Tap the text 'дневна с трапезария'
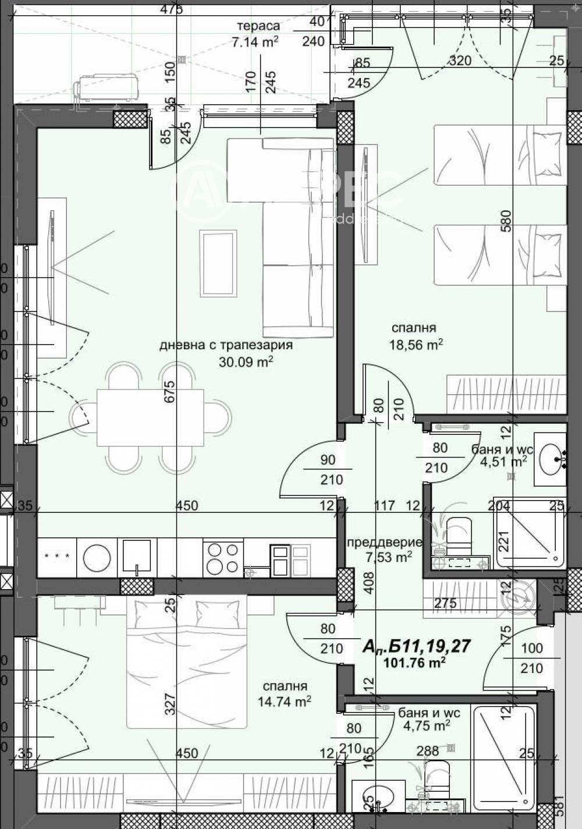[226, 345]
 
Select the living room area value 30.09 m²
[246, 362]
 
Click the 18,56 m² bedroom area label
[416, 345]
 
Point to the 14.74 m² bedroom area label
[284, 702]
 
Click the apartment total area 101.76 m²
[415, 662]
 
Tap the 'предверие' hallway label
[384, 543]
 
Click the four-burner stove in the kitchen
[223, 558]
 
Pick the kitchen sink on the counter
[137, 557]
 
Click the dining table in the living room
[150, 417]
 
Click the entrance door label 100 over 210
[531, 658]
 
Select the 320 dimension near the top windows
[460, 61]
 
